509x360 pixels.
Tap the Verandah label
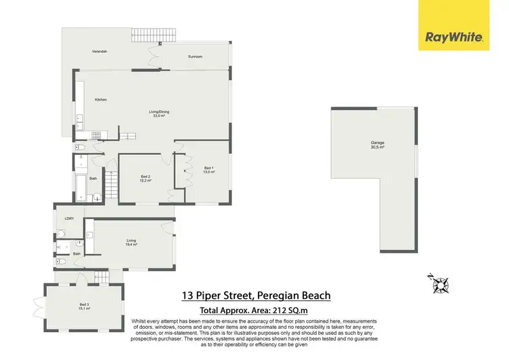100,52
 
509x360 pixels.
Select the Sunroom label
195,56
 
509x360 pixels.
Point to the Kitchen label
100,100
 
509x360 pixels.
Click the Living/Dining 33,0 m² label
159,113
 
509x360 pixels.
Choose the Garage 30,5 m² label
377,145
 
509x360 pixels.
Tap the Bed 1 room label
209,170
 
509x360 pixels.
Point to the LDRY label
69,218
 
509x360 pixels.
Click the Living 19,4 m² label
131,242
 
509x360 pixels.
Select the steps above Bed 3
100,277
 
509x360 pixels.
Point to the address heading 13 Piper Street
256,295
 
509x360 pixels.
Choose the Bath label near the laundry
77,253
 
